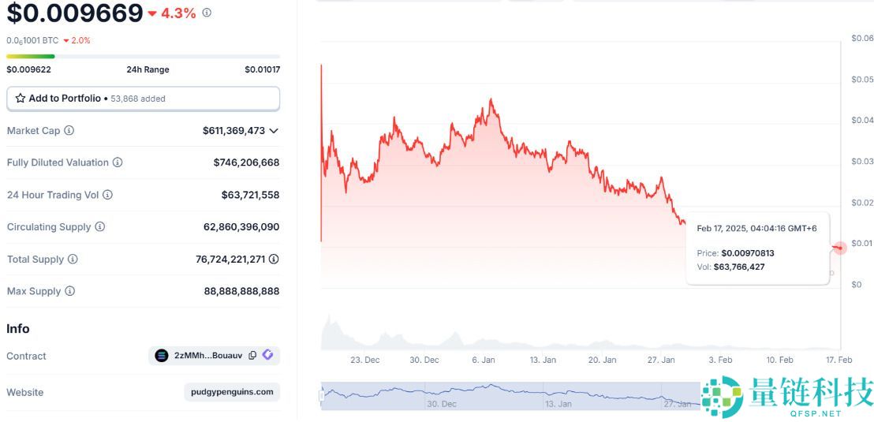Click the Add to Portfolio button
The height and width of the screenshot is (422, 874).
tap(143, 99)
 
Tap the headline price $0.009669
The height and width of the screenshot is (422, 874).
tap(75, 13)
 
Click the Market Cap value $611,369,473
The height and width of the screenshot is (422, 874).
tap(233, 130)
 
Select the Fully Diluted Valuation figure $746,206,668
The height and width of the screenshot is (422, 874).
tap(246, 162)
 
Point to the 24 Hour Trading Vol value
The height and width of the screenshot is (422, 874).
tap(250, 195)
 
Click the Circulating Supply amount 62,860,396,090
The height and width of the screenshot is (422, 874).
tap(241, 226)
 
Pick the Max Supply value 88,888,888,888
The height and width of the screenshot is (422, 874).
tap(241, 291)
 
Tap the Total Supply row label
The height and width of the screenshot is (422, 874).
tap(35, 259)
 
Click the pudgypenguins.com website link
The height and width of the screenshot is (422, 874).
tap(232, 392)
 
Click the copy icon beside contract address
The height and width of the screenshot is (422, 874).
tap(252, 356)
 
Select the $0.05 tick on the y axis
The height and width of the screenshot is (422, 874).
tap(862, 80)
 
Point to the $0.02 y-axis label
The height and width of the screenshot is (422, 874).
tap(862, 203)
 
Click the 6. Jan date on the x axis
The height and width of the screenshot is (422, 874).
tap(484, 360)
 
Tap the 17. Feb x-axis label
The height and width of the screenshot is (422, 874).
tap(839, 360)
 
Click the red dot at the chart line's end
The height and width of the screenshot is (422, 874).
tap(840, 248)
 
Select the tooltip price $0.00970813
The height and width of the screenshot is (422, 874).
tap(747, 253)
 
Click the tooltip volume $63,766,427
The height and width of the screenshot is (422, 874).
tap(738, 267)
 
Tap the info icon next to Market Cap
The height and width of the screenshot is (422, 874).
tap(69, 130)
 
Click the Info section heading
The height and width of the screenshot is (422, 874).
tap(18, 328)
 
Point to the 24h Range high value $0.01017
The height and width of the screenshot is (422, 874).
tap(262, 69)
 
